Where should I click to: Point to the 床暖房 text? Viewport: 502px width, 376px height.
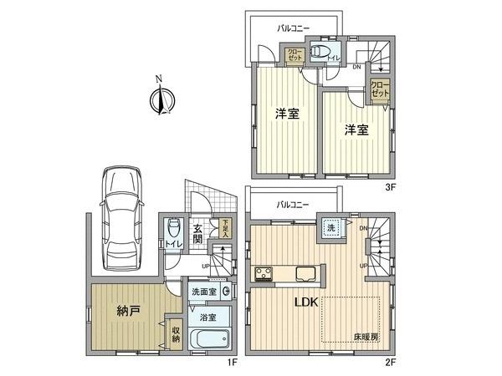click(364, 338)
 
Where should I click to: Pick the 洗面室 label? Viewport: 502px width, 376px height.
click(205, 292)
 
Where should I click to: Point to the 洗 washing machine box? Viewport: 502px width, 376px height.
click(328, 226)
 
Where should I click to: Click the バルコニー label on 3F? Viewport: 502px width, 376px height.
click(294, 28)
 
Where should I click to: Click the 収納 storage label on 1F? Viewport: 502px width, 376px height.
click(176, 333)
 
